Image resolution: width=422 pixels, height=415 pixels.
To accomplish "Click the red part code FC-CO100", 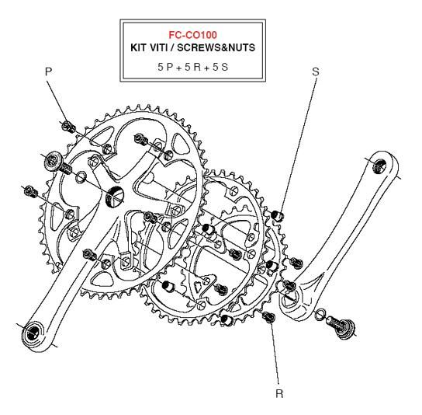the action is [192, 35].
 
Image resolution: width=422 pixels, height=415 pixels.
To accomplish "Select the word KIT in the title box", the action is [138, 47].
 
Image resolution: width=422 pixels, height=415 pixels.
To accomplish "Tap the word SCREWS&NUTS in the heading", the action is [216, 47].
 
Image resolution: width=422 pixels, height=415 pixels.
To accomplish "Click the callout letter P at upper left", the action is [48, 71].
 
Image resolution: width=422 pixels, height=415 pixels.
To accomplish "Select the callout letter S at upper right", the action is [316, 71].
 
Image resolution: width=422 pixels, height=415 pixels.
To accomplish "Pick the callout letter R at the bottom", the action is [279, 394].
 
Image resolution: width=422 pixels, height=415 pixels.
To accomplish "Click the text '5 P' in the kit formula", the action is [165, 67].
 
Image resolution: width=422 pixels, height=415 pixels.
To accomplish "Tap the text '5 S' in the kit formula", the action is [220, 67].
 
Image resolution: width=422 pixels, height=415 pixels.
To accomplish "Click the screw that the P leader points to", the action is [68, 127].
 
